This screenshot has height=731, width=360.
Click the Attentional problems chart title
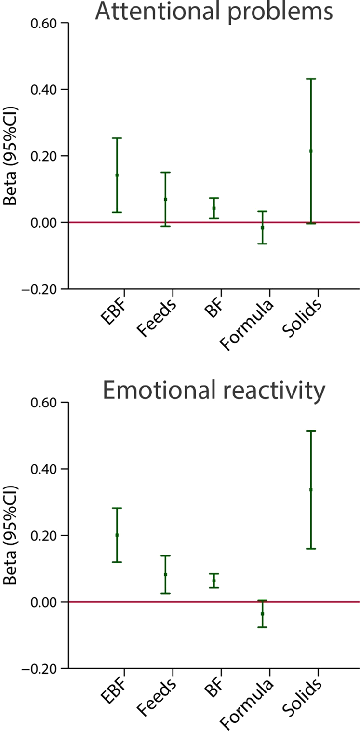213,12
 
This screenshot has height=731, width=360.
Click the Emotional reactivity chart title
213,392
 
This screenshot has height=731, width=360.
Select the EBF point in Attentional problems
117,175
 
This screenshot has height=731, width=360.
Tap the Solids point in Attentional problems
311,151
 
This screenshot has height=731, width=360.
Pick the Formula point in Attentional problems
262,227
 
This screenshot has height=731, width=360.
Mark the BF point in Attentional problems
214,208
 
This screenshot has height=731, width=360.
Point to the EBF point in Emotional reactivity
117,535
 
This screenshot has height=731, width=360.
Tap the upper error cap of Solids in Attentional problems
311,79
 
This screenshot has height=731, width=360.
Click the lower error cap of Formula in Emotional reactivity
262,627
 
